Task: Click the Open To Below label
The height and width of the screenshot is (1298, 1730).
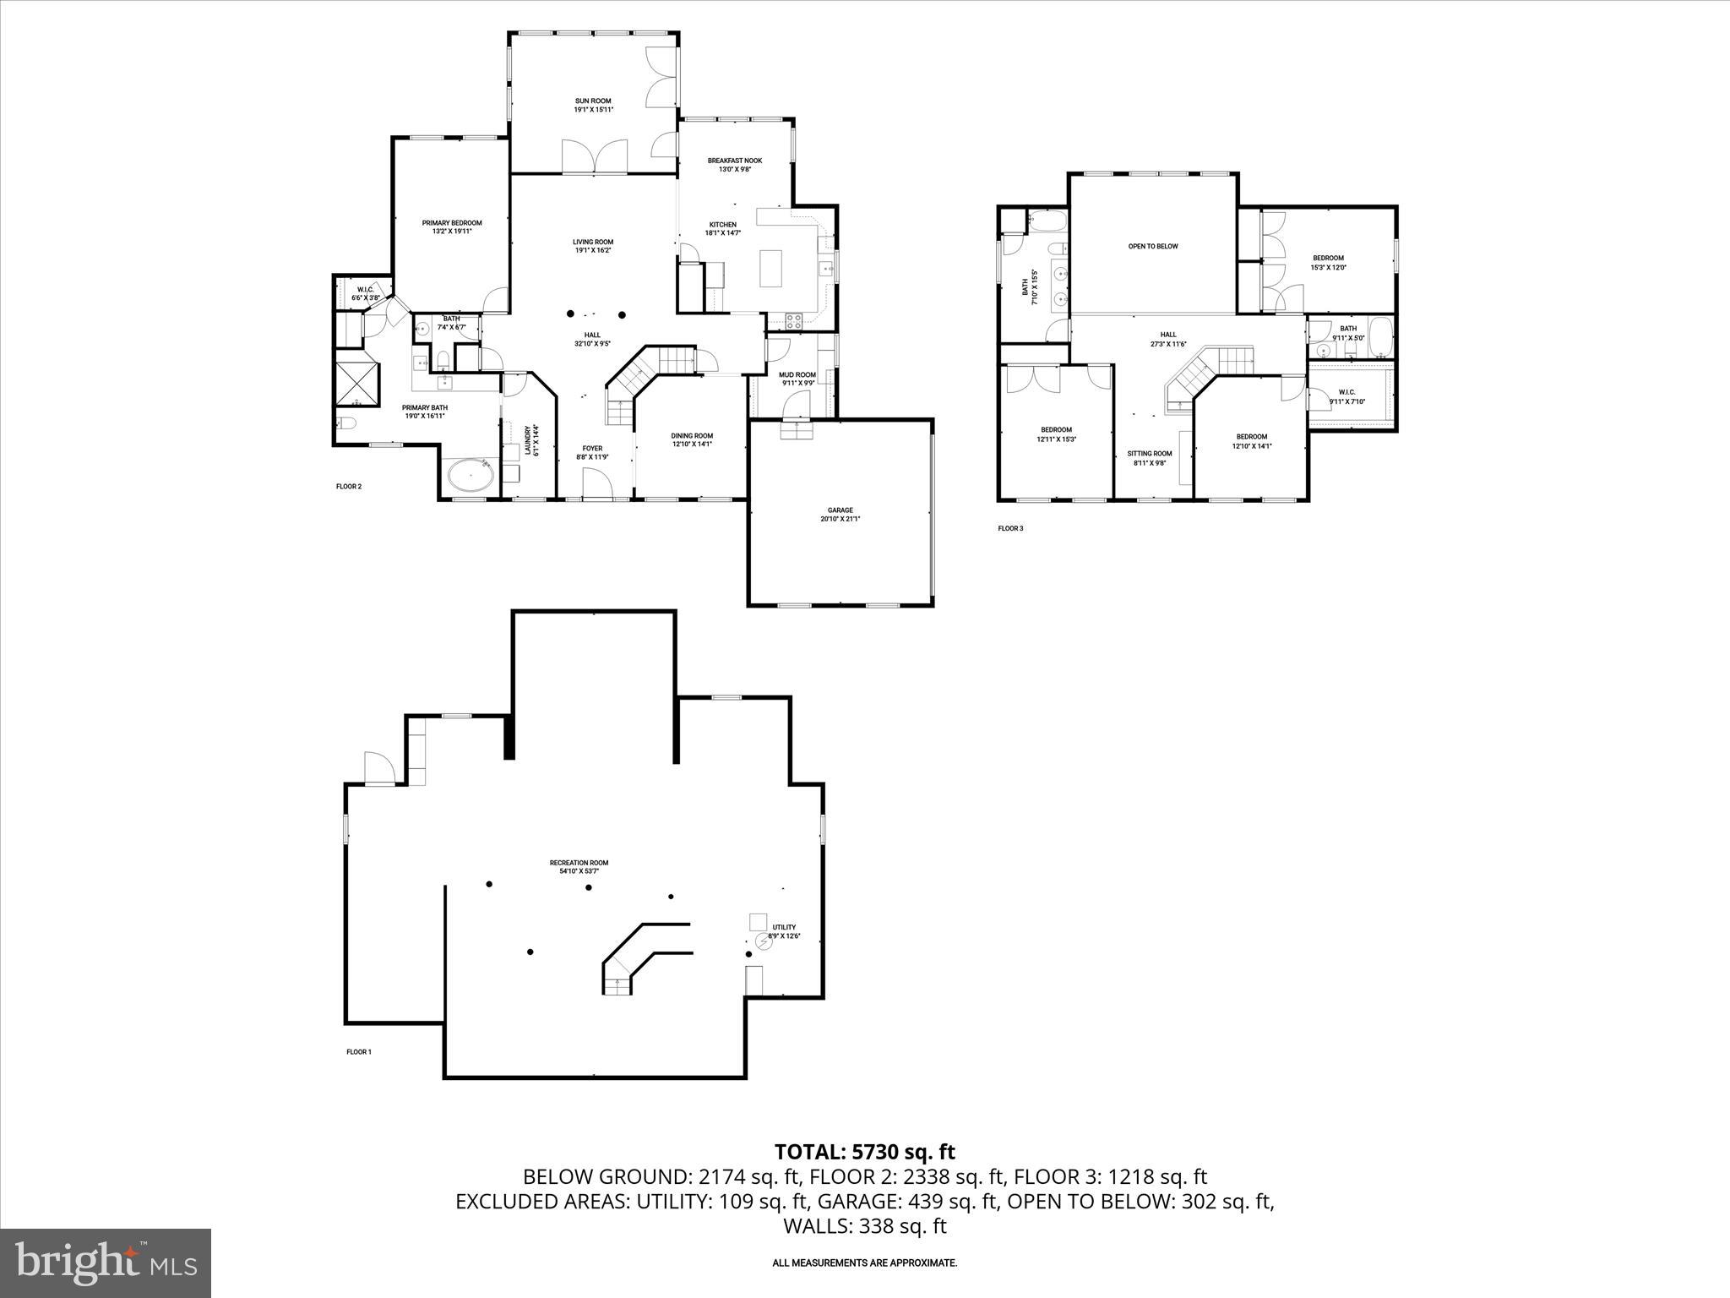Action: (1152, 247)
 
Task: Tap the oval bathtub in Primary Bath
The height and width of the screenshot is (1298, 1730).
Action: (470, 477)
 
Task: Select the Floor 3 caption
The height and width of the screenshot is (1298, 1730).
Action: (1010, 529)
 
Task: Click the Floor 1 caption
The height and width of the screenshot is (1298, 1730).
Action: (358, 1052)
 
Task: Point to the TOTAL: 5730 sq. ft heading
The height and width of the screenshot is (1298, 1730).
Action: (865, 1151)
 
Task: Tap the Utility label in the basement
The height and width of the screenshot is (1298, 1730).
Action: (784, 927)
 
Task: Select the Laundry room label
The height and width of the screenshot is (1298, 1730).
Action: (530, 440)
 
